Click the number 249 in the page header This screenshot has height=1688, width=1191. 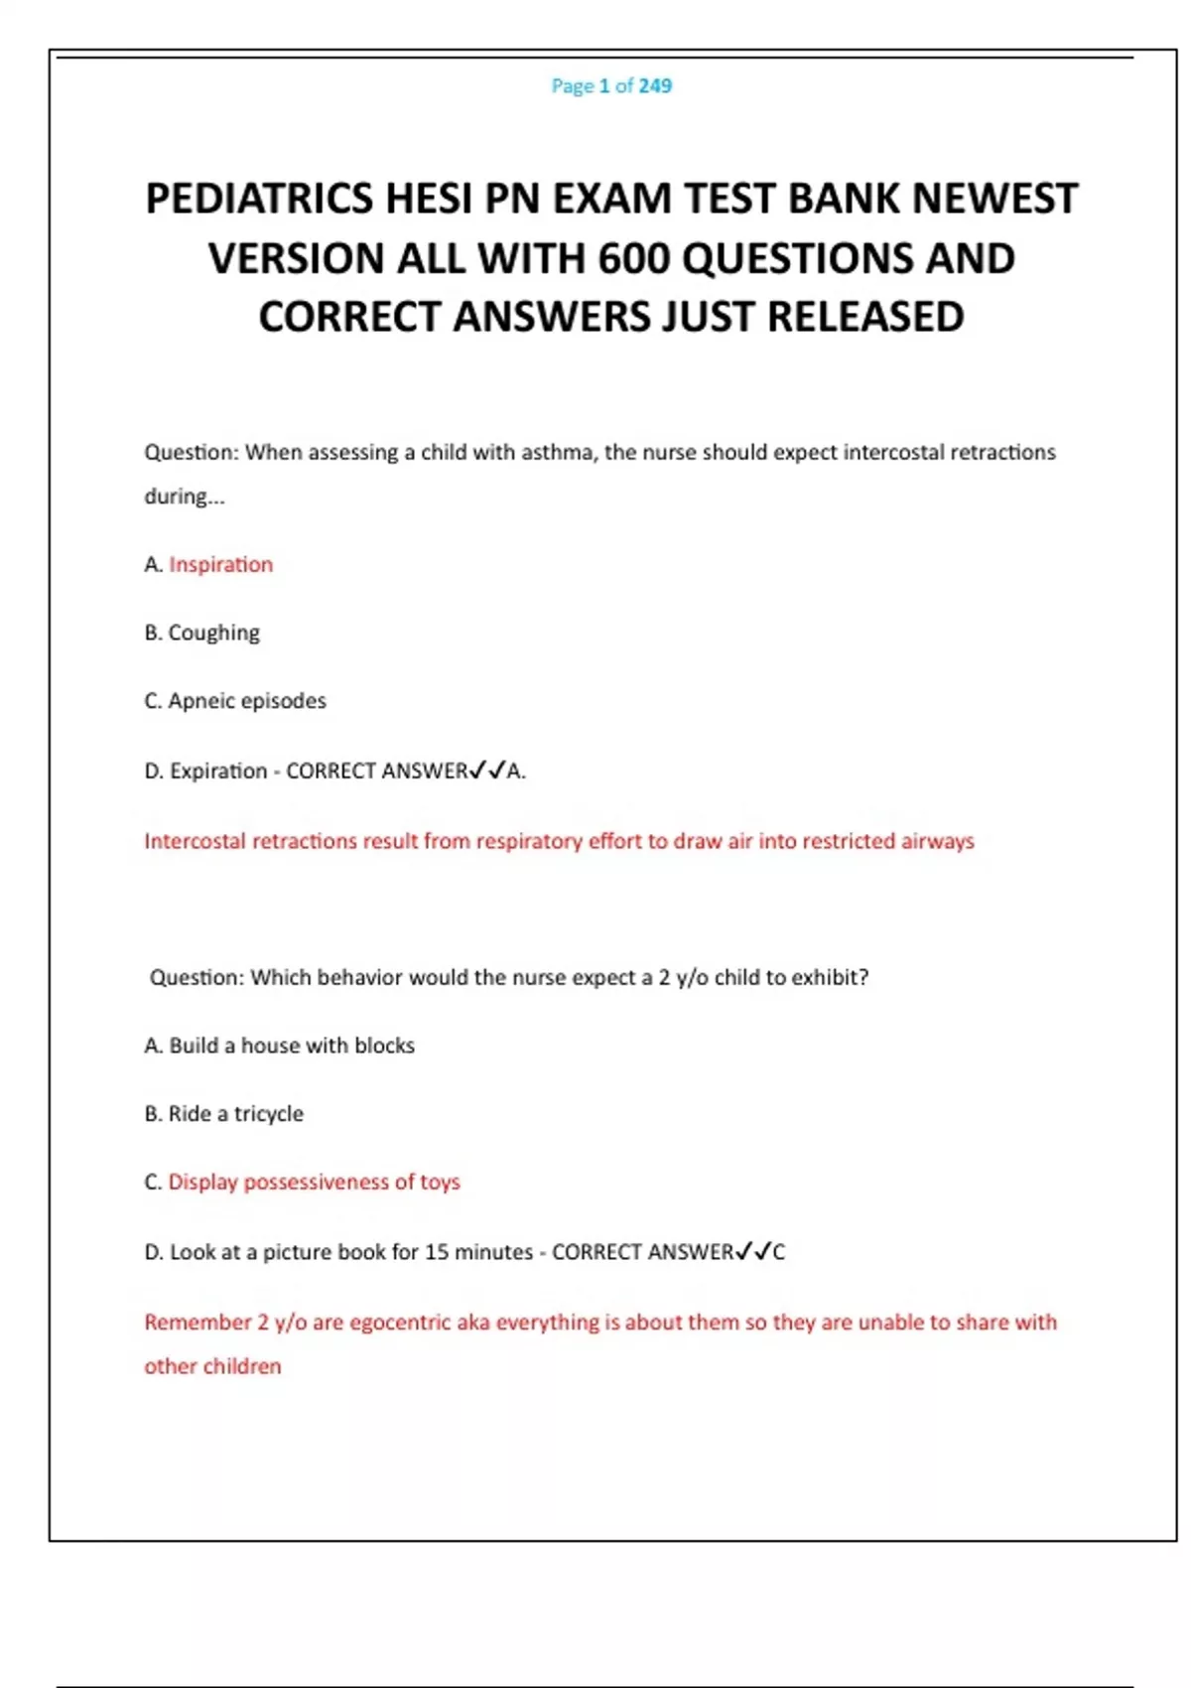point(655,86)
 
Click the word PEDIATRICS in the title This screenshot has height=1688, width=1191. point(259,199)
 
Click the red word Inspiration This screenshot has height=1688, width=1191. point(220,565)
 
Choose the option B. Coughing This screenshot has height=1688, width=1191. point(202,633)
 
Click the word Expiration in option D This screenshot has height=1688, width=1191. point(218,772)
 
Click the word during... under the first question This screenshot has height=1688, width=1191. point(185,496)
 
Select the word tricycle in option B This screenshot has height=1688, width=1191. point(268,1114)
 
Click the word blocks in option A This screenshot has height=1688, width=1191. point(384,1046)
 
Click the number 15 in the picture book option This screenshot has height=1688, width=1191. point(437,1252)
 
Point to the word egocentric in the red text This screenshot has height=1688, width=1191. point(399,1323)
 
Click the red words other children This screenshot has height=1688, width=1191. point(212,1366)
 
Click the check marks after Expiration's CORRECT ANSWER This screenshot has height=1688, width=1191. point(487,771)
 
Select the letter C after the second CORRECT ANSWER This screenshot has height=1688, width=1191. point(779,1252)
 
